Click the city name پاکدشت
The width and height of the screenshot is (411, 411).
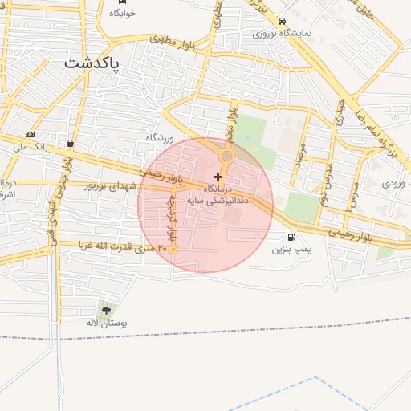tap(92, 63)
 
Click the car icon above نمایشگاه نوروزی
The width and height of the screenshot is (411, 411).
tap(281, 22)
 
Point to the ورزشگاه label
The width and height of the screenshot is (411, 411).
tap(160, 138)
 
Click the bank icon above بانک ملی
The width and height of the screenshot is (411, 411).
tap(31, 134)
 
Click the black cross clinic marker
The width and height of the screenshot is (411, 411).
tap(218, 176)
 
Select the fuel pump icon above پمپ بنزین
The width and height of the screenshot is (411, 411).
tap(290, 237)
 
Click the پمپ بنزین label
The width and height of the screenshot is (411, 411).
tap(290, 250)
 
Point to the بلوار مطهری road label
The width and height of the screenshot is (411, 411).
tap(167, 37)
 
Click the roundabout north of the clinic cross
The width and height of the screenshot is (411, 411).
tap(227, 156)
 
